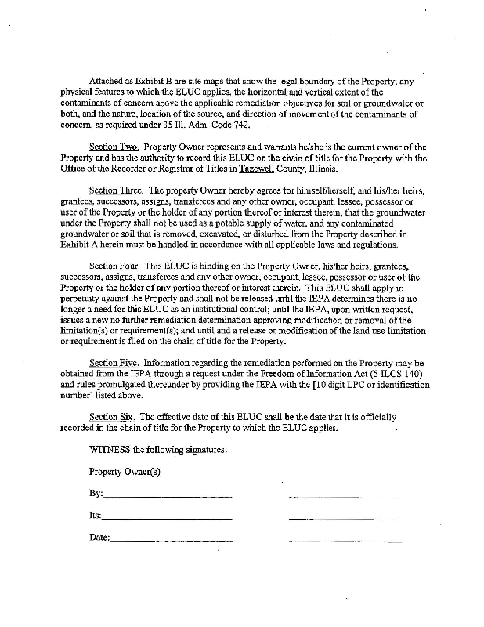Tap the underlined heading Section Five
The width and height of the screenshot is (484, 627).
pos(114,364)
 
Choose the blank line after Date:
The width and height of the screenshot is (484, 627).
pos(172,540)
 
